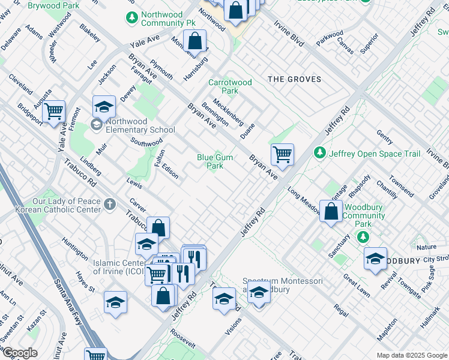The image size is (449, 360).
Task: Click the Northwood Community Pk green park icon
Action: click(131, 18)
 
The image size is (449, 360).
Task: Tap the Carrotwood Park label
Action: click(223, 87)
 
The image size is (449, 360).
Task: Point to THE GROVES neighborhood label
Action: click(294, 79)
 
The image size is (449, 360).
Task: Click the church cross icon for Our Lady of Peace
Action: click(109, 205)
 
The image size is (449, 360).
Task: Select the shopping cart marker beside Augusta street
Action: click(54, 110)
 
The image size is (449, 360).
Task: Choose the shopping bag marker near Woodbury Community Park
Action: click(331, 211)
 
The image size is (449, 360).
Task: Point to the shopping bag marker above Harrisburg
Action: click(195, 41)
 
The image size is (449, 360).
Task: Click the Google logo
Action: click(20, 353)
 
